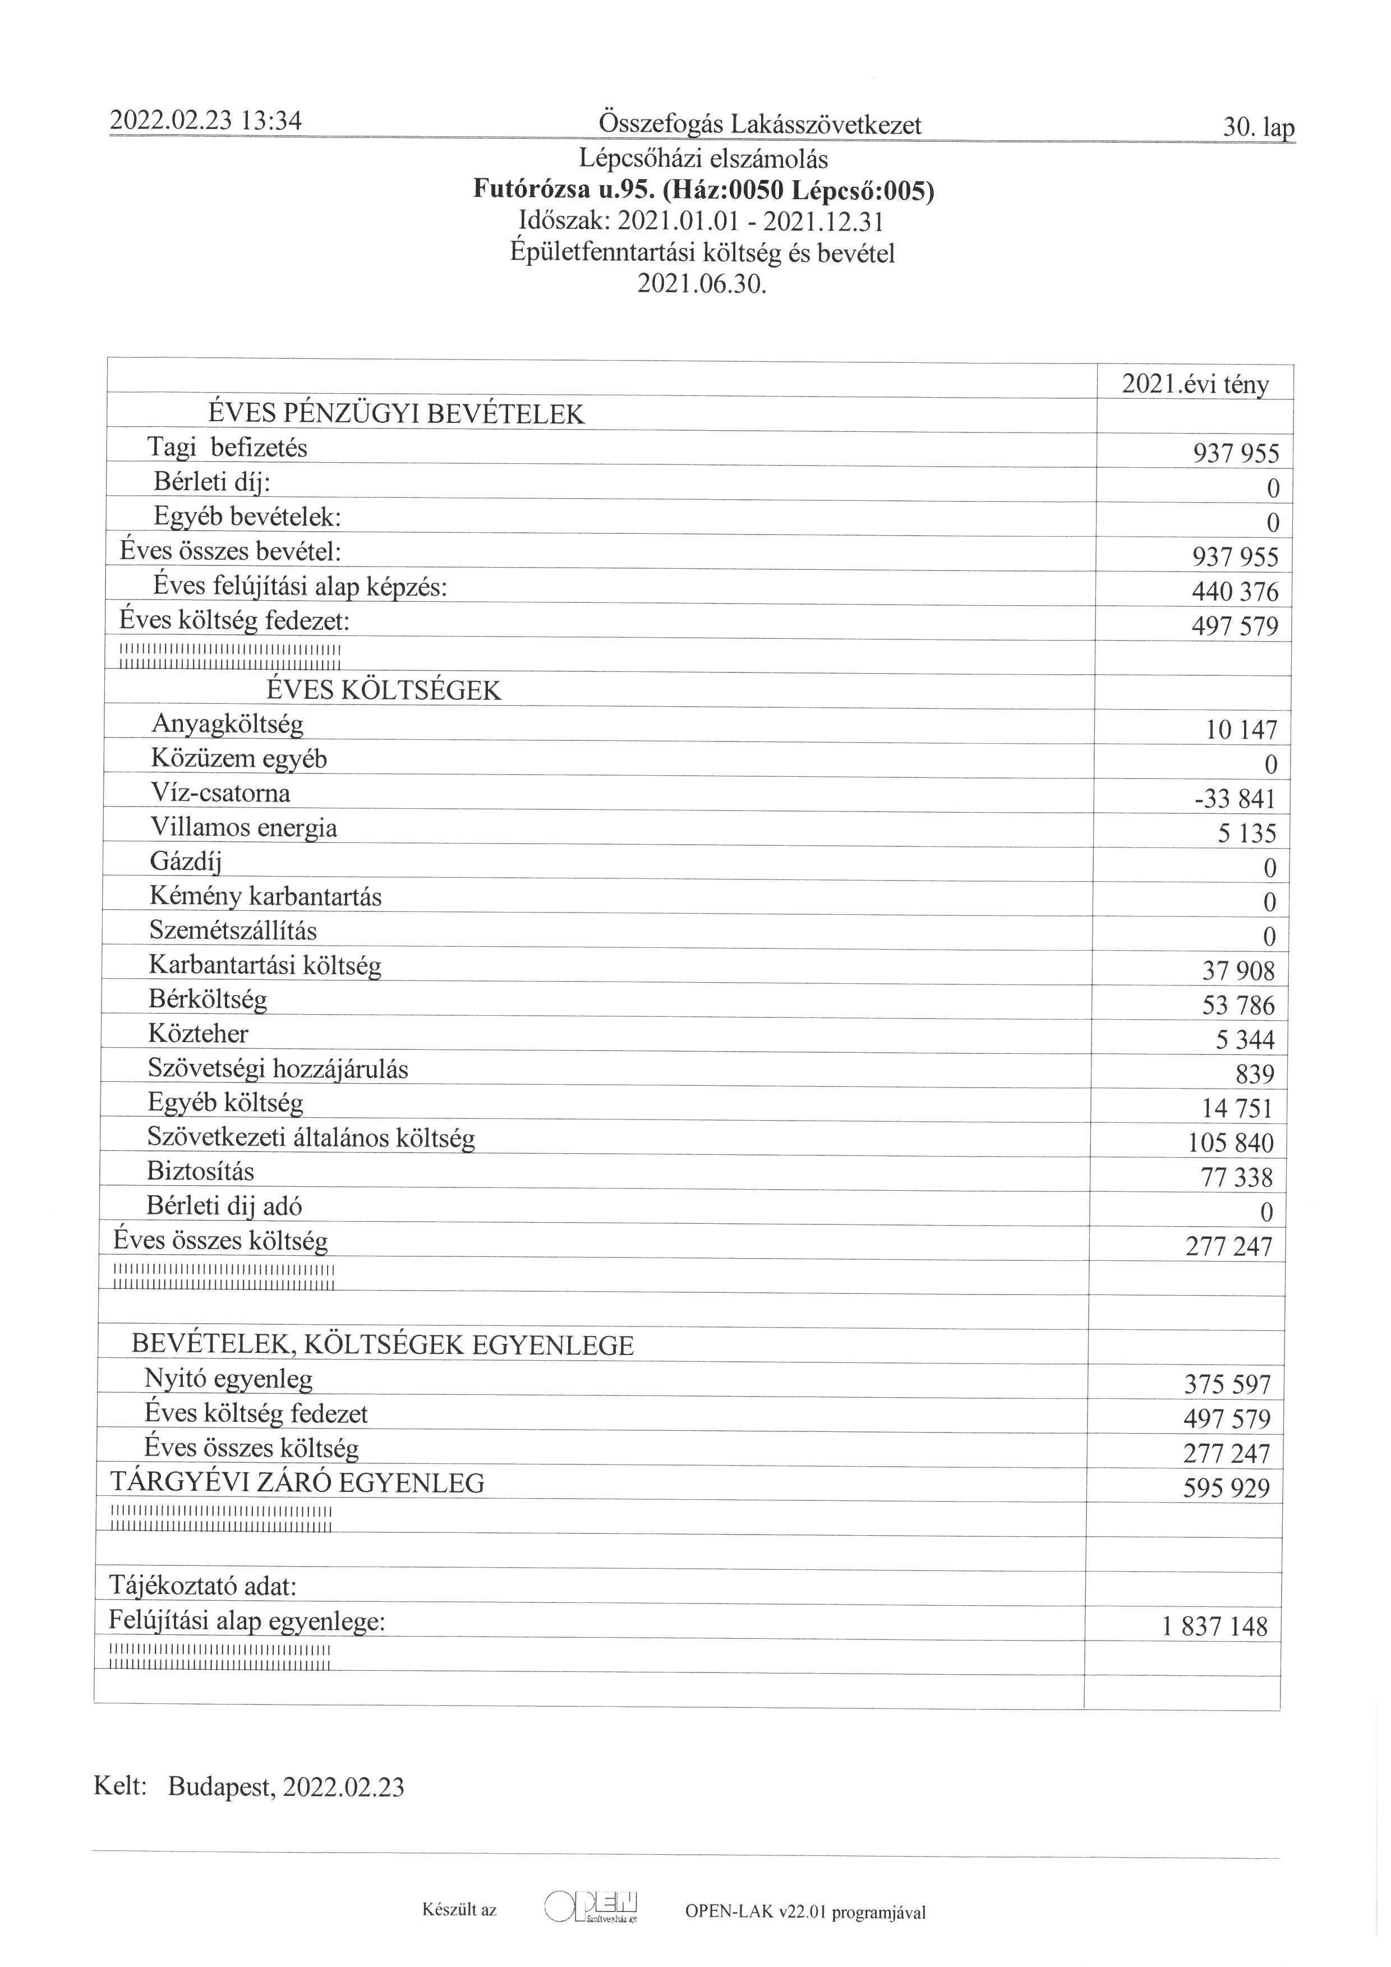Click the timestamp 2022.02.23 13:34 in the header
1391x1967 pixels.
coord(206,121)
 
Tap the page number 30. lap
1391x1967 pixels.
coord(1258,128)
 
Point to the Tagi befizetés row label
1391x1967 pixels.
coord(227,447)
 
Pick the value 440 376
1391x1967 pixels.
coord(1235,592)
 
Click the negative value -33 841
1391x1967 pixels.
coord(1235,799)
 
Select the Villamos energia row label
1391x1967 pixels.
coord(243,828)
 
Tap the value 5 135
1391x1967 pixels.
coord(1246,833)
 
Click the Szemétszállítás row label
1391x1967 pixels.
coord(233,930)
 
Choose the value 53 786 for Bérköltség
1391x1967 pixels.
coord(1238,1006)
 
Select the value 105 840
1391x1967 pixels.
coord(1231,1143)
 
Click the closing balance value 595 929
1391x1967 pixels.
coord(1227,1488)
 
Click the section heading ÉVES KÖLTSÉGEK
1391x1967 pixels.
coord(384,690)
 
